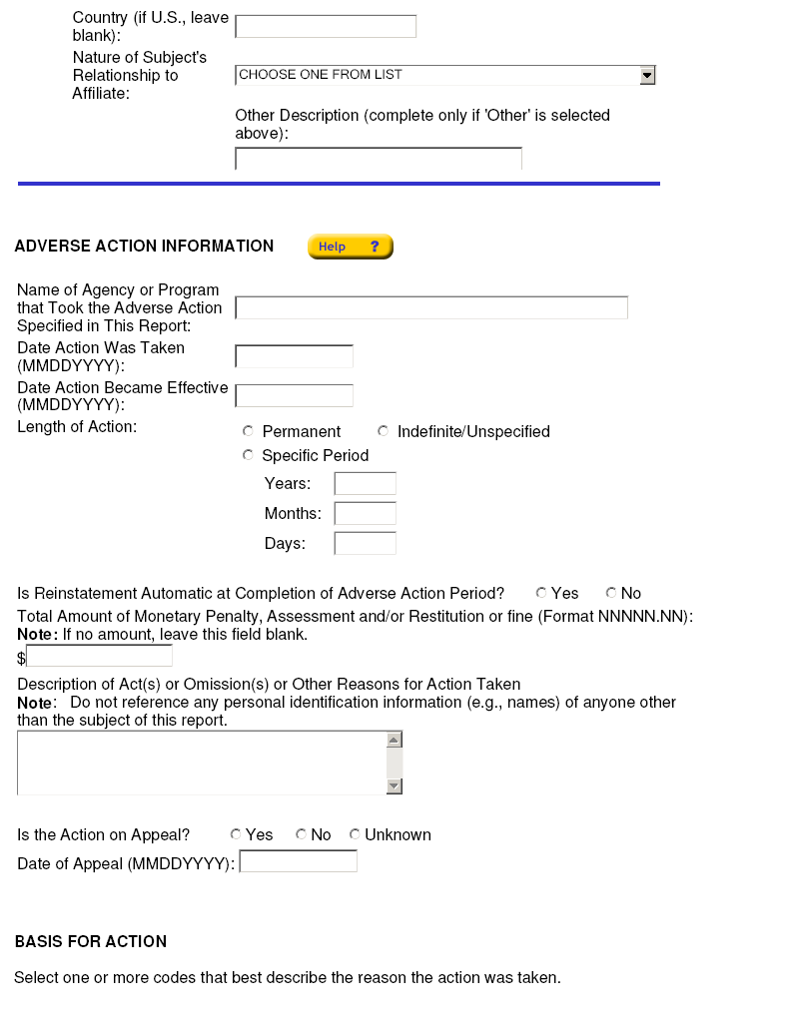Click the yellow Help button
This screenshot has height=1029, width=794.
[x=350, y=247]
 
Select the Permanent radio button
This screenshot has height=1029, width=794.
[x=249, y=431]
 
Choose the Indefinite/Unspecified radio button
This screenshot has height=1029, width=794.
[x=384, y=431]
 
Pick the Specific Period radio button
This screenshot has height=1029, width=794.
[x=249, y=455]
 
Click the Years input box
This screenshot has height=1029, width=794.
[x=365, y=484]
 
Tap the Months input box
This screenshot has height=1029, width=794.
[x=365, y=514]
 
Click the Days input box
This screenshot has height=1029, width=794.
[x=365, y=544]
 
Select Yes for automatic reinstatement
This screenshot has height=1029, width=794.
[x=541, y=593]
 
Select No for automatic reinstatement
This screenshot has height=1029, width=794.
[x=611, y=593]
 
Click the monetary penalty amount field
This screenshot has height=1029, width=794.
[x=99, y=656]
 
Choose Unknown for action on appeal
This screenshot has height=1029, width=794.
[x=355, y=834]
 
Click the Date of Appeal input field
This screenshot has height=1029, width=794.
[x=298, y=861]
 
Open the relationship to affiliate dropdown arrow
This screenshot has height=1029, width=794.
[x=647, y=75]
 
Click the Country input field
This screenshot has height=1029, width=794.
[x=326, y=27]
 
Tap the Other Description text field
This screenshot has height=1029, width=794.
[x=379, y=159]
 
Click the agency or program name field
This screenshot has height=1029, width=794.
[x=431, y=307]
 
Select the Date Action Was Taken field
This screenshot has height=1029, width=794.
[x=294, y=356]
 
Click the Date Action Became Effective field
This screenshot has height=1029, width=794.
[x=294, y=395]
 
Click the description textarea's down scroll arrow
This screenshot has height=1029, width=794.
[x=394, y=785]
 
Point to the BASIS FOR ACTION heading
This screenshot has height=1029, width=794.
[x=91, y=941]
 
